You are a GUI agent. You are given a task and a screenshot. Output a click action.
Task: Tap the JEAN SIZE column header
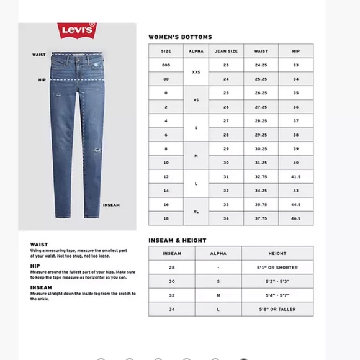click(226, 52)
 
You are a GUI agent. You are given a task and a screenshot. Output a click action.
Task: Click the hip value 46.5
click(295, 218)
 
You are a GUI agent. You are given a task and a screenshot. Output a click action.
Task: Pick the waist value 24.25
click(261, 65)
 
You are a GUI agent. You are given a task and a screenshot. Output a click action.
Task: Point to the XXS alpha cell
click(196, 72)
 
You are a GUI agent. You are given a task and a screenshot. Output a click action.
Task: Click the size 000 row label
click(166, 65)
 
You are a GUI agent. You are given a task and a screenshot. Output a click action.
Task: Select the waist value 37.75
click(261, 218)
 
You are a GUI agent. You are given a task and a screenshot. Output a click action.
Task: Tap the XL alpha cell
click(196, 212)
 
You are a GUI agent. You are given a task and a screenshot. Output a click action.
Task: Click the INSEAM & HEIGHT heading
click(177, 240)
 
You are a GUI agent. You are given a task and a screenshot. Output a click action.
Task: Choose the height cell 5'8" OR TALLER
click(277, 309)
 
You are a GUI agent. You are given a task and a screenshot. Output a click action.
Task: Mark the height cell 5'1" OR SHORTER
click(277, 268)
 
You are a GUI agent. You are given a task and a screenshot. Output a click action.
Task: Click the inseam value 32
click(171, 295)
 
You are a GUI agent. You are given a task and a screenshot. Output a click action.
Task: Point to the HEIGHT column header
click(277, 254)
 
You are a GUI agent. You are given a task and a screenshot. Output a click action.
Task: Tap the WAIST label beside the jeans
click(38, 55)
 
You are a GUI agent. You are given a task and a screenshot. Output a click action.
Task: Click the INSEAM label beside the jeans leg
click(112, 204)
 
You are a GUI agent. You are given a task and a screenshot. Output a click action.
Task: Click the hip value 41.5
click(295, 177)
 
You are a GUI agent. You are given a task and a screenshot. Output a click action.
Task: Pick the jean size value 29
click(226, 149)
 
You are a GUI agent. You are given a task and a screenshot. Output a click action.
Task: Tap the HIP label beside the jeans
click(42, 79)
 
